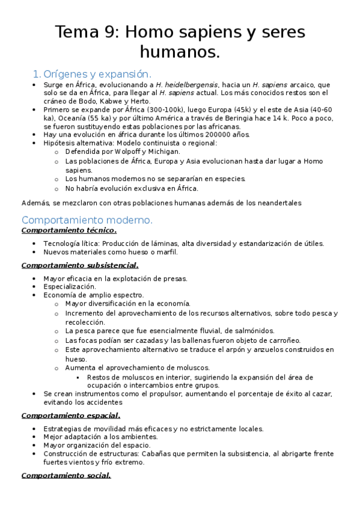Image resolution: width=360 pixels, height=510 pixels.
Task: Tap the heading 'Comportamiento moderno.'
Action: pos(87,220)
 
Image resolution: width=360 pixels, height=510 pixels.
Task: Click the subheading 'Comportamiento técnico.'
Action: pos(69,230)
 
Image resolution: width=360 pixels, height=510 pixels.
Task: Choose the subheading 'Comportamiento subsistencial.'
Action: pos(79,265)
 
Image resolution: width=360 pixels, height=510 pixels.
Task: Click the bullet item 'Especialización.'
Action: pos(69,287)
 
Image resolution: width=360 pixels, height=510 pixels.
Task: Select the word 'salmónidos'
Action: pos(253,331)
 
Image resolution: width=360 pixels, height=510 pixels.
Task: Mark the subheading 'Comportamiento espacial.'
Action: pos(70,415)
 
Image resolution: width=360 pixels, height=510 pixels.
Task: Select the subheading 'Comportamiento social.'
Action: pos(66,476)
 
